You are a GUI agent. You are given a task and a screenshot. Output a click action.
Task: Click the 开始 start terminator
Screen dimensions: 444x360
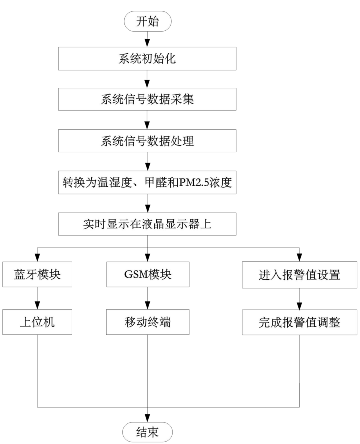[147, 21]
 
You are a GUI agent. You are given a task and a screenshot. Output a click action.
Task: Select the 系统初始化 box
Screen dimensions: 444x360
[148, 59]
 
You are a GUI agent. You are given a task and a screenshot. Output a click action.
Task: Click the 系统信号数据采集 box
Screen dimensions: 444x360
[148, 99]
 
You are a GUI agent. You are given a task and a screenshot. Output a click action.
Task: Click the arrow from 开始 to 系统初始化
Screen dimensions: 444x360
[148, 39]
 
